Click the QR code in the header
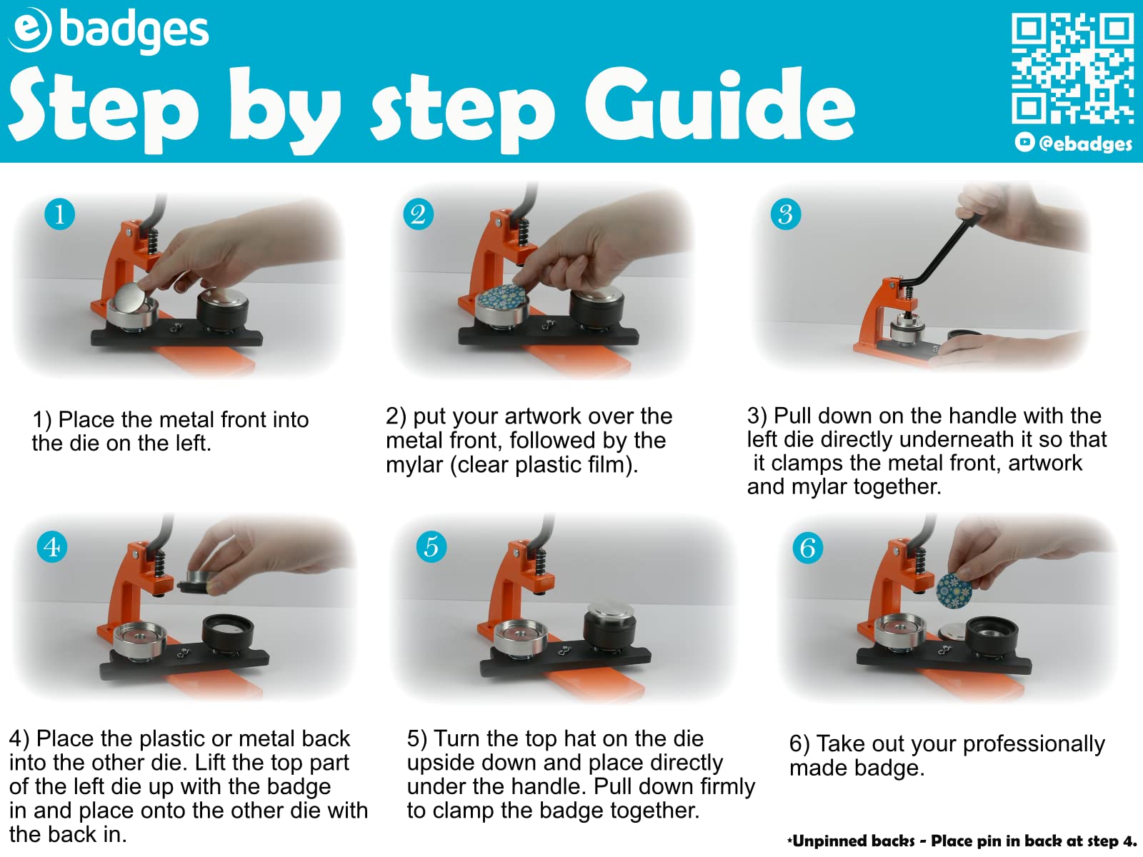1072,68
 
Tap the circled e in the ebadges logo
30,30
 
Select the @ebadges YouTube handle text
1085,143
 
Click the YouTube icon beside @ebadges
1024,142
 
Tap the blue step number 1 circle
59,214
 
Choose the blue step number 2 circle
418,214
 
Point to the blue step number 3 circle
785,214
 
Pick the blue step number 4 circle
51,546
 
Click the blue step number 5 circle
431,546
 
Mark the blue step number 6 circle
807,547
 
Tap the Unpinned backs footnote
962,841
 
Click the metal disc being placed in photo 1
134,299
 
